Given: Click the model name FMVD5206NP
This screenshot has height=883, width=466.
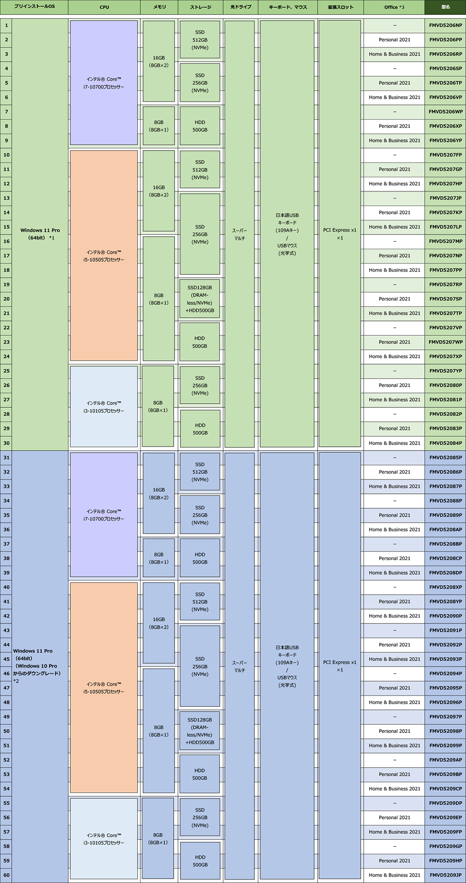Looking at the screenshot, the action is coord(445,25).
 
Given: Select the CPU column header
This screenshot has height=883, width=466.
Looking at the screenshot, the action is coord(104,7).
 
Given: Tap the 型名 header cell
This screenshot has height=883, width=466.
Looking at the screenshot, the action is coord(445,7).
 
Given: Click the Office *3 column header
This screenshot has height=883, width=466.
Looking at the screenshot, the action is coord(394,7).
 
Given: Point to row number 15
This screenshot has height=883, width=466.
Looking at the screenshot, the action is coord(6,227).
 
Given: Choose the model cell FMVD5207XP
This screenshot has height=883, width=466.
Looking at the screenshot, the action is coord(445,357).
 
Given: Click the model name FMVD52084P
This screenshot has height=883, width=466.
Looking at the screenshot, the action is coord(445,443).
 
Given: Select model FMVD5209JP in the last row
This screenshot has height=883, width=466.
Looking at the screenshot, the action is coord(445,875).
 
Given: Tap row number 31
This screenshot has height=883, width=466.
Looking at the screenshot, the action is coord(6,457).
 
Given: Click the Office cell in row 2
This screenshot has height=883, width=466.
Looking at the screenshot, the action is coord(394,40).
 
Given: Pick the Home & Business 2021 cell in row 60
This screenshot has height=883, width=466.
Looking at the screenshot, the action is coord(394,875).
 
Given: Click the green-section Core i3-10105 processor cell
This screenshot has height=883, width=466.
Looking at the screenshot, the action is coord(104,407).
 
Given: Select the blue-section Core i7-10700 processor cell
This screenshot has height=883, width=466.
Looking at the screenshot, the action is coord(104,515).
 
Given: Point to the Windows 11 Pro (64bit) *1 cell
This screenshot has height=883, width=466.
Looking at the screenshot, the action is coord(40,234).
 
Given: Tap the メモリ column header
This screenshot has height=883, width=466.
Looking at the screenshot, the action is coord(159,7).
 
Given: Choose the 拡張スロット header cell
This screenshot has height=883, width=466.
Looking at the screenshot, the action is coord(341,7).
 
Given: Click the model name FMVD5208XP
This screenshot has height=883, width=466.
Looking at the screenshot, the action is coord(445,587).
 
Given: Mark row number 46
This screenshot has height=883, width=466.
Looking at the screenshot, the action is coord(6,674).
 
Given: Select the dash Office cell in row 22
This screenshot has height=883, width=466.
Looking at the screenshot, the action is coord(394,328).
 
